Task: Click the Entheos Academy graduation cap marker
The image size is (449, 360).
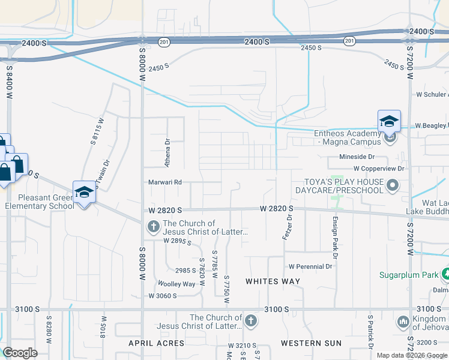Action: point(389,121)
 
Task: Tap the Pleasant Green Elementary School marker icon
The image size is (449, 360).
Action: point(84,193)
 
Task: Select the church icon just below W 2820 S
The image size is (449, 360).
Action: point(153,227)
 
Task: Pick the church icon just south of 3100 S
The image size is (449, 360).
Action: point(251,321)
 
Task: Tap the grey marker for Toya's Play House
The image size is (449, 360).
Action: point(393,185)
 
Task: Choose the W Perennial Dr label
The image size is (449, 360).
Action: point(310,266)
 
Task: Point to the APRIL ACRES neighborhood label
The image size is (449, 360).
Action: point(157,343)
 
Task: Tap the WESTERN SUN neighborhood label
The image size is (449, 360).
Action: point(312,343)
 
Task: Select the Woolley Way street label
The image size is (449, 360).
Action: point(176,284)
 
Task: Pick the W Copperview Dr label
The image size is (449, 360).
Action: point(379,169)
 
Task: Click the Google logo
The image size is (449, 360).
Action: point(20,353)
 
